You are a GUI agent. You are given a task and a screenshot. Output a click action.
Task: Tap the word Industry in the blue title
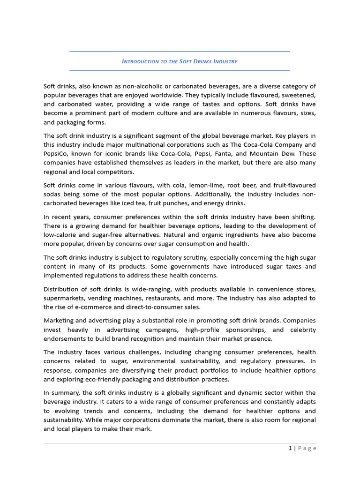click(225, 61)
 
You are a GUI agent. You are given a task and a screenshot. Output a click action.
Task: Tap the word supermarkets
click(64, 298)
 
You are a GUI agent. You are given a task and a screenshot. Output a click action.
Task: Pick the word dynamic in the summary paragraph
click(240, 393)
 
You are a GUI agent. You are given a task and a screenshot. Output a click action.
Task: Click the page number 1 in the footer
click(290, 448)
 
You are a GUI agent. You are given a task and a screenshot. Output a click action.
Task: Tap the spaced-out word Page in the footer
click(307, 448)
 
